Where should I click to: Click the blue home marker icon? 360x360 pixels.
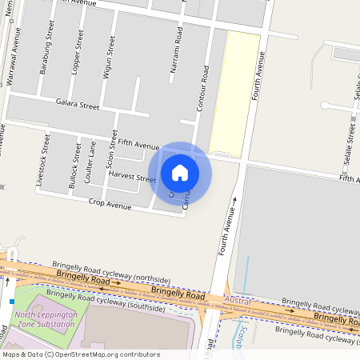click(x=180, y=172)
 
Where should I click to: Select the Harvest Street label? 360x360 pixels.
click(x=133, y=177)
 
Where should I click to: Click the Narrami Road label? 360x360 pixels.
click(x=176, y=54)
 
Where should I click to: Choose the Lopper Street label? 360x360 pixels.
click(x=77, y=53)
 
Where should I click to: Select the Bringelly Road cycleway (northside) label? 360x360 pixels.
click(x=111, y=270)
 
